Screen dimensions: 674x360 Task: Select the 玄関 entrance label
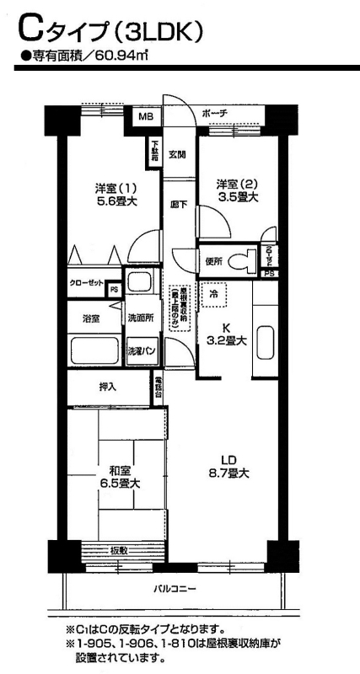[x=177, y=154]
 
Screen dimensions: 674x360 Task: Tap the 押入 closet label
[x=109, y=387]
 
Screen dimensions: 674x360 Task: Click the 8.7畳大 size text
[x=228, y=474]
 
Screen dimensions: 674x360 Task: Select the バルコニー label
[x=174, y=589]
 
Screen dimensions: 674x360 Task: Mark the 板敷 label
[x=120, y=550]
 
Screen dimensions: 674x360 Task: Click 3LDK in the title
[x=158, y=31]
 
